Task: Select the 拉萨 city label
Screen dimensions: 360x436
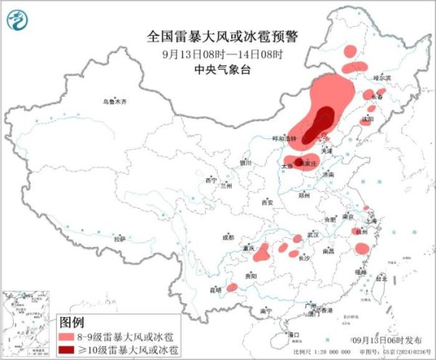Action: point(119,238)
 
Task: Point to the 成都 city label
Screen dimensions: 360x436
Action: point(228,236)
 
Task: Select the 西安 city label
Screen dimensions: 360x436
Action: point(267,202)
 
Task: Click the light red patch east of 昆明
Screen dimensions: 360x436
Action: point(232,287)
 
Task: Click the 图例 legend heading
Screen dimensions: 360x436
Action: point(71,321)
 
